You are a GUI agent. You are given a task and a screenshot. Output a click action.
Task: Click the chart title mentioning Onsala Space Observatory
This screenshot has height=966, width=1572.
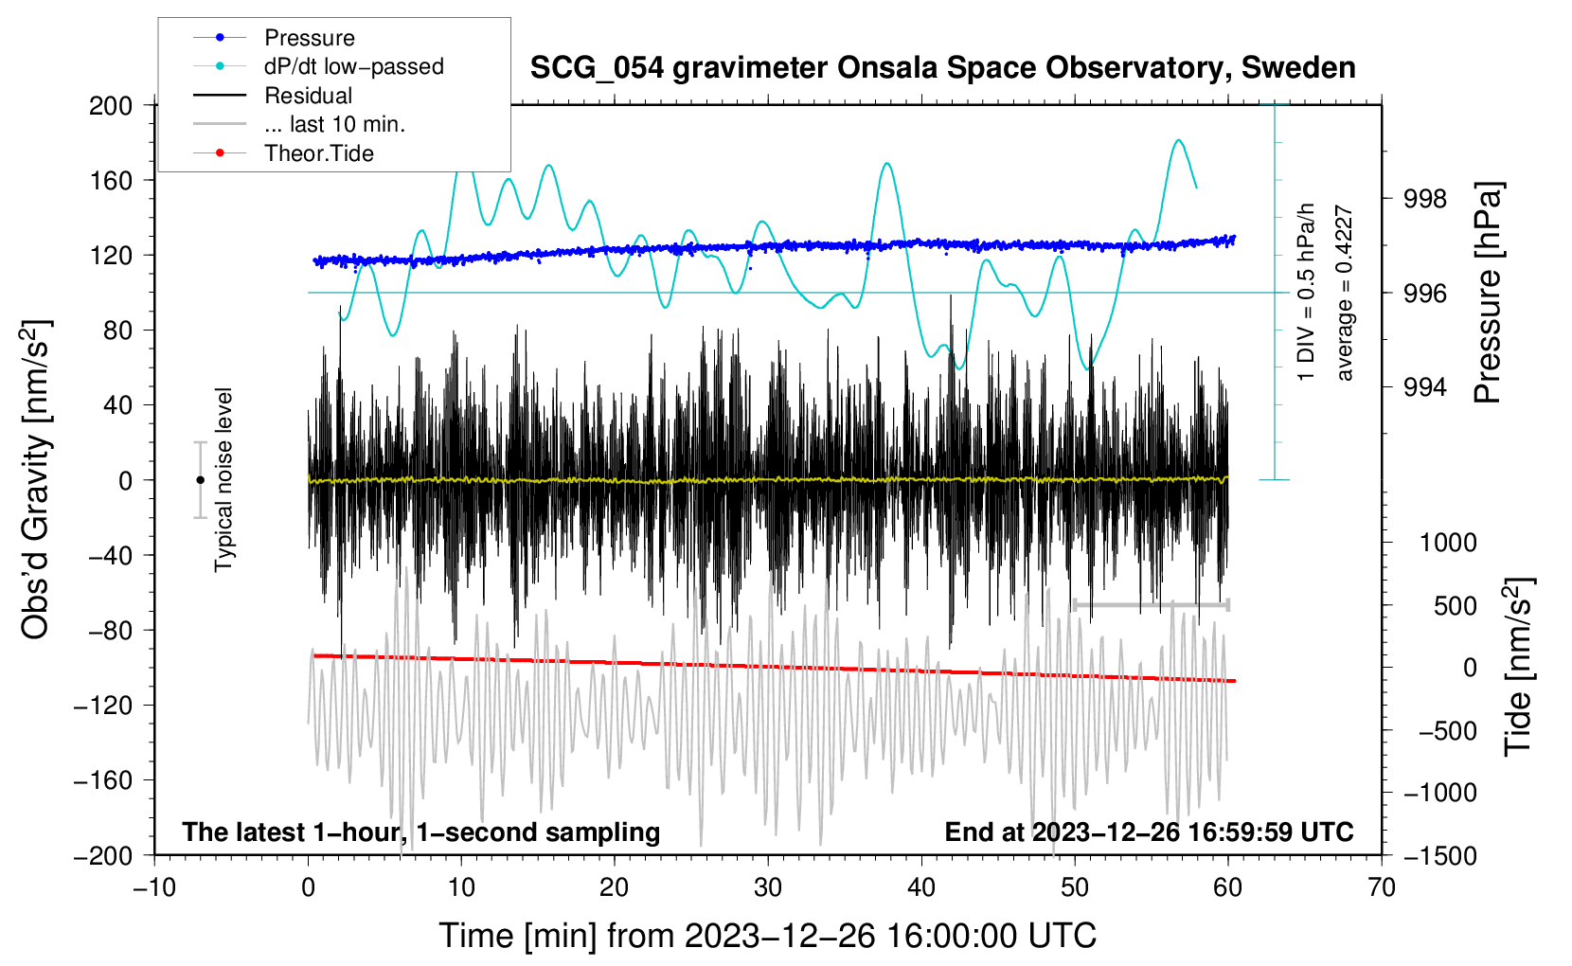942,68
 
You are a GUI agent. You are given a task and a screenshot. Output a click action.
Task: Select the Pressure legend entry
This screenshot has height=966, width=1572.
309,38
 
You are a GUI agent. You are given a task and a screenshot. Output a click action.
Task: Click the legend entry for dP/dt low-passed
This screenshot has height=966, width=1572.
353,66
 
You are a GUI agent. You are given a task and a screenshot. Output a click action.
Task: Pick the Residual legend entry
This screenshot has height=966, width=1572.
308,96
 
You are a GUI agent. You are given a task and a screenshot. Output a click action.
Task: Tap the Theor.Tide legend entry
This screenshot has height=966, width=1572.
318,153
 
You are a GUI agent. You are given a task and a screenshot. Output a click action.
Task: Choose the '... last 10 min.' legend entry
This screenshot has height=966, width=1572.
334,124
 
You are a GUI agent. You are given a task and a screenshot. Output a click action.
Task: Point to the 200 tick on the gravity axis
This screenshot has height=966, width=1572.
111,105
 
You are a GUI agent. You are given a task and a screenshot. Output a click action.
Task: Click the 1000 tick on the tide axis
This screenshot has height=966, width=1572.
1448,543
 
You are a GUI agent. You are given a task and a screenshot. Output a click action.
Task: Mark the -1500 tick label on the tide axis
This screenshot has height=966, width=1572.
1439,855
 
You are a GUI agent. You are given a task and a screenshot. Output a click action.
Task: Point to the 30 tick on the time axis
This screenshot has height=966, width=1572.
768,887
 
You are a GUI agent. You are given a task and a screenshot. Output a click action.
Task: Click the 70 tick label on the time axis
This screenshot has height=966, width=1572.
1382,887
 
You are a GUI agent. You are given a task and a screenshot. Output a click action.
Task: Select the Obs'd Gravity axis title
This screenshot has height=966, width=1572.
35,479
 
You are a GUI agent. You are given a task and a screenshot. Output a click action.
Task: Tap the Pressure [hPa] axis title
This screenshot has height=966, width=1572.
1488,294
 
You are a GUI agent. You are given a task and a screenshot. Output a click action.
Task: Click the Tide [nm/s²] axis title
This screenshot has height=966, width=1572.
1518,668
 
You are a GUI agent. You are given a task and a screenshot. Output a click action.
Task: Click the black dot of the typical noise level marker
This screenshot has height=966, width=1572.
200,480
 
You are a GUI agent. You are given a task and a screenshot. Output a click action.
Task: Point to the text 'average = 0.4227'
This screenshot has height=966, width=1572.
1345,294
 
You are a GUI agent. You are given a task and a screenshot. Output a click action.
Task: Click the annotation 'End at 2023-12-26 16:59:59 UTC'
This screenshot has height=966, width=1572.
1149,832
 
